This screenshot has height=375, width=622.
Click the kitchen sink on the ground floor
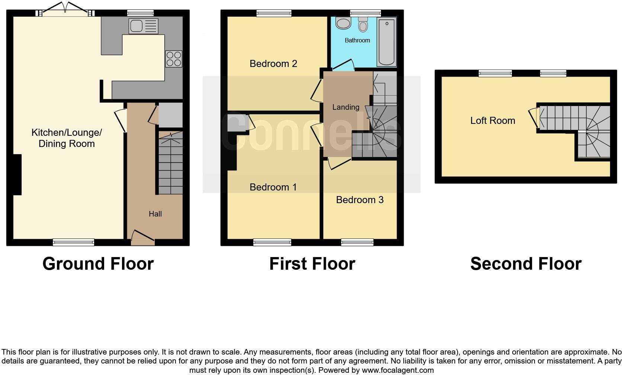144,26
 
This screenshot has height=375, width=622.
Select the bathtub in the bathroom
387,42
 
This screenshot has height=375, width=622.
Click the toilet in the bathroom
363,24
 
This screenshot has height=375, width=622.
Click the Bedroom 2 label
273,64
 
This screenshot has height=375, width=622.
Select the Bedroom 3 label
359,200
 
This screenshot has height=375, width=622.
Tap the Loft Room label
493,121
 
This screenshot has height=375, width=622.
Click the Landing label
346,107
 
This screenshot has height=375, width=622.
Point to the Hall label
155,214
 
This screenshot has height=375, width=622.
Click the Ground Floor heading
98,264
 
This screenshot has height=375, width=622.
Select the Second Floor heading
526,264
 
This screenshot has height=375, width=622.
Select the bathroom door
343,65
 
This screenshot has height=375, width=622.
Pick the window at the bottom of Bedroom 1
272,243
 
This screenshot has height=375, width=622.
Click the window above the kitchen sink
140,13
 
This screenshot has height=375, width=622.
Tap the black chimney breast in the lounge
17,174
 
